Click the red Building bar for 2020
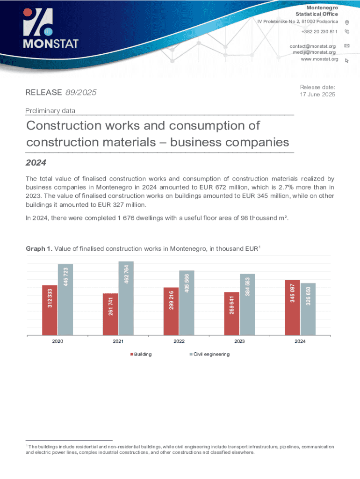pos(50,310)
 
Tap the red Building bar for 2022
pos(171,311)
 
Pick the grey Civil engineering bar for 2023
pos(247,305)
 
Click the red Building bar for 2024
pos(292,308)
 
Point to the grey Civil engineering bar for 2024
pos(308,309)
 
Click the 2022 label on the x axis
pos(179,342)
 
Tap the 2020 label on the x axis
pos(58,342)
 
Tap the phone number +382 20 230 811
pos(320,31)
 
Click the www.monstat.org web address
pos(319,59)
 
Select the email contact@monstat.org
pos(313,46)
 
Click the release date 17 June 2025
pos(317,94)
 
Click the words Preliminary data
pos(50,111)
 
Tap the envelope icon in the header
pos(347,46)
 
